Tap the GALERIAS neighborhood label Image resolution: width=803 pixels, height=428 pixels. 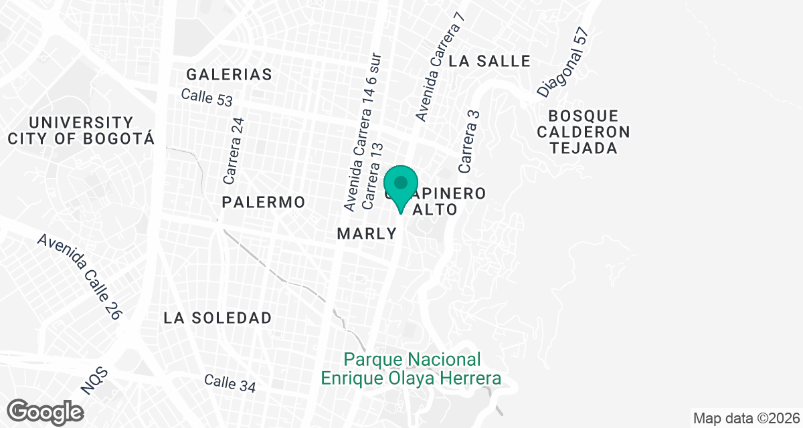pos(229,74)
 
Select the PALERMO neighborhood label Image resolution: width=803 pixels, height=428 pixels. pos(264,202)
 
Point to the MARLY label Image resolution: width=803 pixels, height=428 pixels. pos(367,234)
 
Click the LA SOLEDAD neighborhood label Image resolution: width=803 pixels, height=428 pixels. pos(217,318)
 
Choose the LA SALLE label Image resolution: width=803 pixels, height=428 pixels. pos(490,61)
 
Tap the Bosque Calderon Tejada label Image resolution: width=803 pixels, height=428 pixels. pos(584,132)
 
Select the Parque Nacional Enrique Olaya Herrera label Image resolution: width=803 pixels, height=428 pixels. pos(411,369)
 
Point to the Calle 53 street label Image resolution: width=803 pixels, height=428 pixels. pos(207,98)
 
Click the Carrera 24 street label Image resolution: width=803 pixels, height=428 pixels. pos(235,151)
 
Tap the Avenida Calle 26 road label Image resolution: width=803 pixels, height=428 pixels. pos(79,276)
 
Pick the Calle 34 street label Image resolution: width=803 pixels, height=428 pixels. pos(230,383)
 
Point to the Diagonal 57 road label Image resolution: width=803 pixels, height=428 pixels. pos(563,61)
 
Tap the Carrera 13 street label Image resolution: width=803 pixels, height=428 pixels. pos(372,176)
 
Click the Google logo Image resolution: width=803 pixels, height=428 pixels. pos(46,411)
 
